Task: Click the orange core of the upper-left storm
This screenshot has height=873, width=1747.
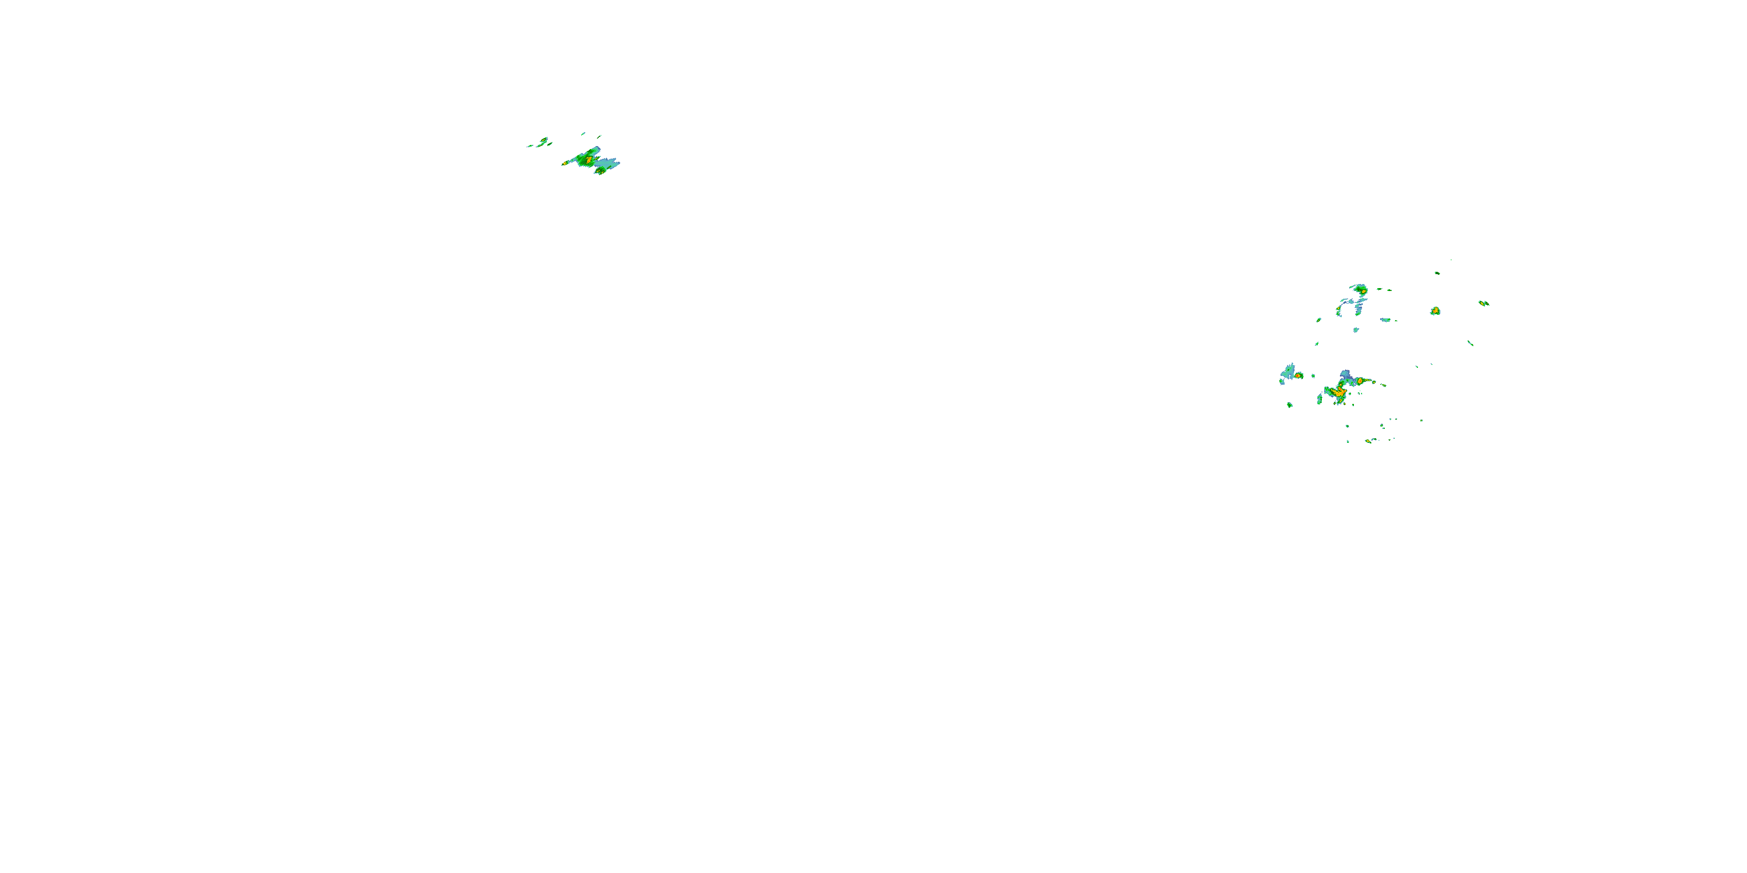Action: (589, 160)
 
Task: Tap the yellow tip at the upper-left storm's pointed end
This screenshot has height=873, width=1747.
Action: (564, 164)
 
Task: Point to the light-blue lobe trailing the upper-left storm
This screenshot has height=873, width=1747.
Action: (609, 163)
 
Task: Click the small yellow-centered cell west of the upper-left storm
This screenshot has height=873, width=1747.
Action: (543, 141)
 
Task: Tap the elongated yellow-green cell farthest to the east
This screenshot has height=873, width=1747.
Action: (1483, 303)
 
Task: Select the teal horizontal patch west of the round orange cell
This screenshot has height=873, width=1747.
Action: (1385, 320)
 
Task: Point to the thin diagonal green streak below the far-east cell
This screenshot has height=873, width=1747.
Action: (1470, 343)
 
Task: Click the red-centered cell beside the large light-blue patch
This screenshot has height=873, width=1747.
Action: (1297, 375)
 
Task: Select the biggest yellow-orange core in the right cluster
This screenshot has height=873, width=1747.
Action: (1339, 392)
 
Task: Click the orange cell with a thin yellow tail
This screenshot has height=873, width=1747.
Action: (1360, 382)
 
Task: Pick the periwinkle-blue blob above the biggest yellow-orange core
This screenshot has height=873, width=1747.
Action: (1346, 375)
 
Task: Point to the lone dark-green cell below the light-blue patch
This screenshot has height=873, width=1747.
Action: (1290, 404)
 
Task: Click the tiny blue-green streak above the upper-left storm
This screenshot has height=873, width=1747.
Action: (583, 133)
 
